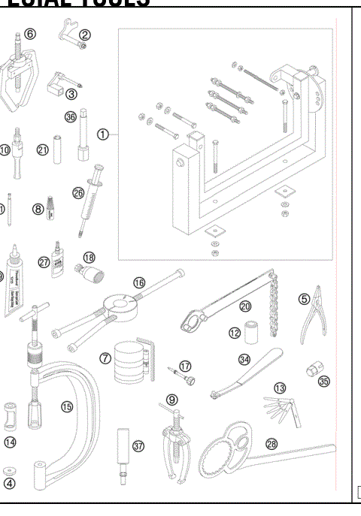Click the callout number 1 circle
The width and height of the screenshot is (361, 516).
[x=103, y=134]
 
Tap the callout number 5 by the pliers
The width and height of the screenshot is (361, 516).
[x=305, y=299]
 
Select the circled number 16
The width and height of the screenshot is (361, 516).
[x=139, y=283]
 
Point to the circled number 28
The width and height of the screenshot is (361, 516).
[x=271, y=445]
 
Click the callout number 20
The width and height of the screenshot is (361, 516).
[x=245, y=306]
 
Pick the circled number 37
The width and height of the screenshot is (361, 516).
[x=138, y=445]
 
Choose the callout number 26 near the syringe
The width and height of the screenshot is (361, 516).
[x=78, y=192]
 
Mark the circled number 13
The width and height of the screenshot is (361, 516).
[x=281, y=388]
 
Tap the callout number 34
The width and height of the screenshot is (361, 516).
[x=244, y=361]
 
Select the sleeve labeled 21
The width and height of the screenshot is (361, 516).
[x=57, y=150]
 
